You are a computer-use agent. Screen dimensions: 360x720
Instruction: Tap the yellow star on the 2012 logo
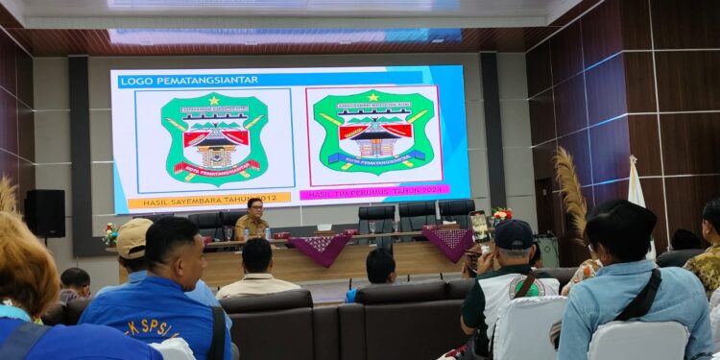(214, 100)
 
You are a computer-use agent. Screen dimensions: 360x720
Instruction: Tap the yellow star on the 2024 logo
(372, 97)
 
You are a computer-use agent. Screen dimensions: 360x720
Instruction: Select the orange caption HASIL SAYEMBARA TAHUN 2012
(209, 200)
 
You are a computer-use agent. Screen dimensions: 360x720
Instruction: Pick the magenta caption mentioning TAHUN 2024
(373, 193)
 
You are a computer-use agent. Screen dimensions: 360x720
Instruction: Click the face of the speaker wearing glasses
(255, 205)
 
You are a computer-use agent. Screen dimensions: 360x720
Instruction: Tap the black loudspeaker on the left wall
(45, 213)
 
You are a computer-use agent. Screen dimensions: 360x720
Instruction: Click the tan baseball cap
(132, 236)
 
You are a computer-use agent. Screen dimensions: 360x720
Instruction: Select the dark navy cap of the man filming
(514, 234)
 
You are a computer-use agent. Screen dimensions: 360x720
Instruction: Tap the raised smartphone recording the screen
(480, 228)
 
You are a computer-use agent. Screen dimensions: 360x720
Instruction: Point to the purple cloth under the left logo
(323, 249)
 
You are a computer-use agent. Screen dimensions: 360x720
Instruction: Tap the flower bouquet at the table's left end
(110, 232)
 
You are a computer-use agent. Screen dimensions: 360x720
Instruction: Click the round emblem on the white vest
(523, 285)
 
